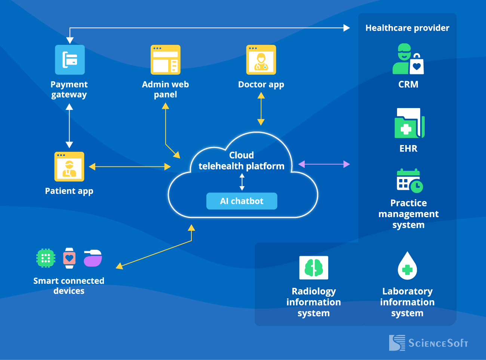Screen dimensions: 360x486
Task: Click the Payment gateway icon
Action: tap(70, 60)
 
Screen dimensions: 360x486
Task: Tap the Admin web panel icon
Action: tap(165, 60)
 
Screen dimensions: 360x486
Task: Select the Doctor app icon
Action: tap(261, 60)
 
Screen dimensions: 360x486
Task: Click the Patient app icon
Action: tap(69, 167)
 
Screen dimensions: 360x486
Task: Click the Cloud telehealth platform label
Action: tap(241, 161)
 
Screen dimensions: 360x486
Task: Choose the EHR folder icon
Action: tap(409, 123)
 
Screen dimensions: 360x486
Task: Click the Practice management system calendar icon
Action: tap(409, 181)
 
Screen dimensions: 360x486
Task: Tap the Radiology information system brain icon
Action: tap(314, 268)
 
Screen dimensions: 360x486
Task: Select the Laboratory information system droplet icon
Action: tap(407, 266)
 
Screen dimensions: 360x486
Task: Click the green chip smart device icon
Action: tap(46, 258)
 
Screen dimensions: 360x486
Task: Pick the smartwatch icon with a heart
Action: tap(69, 258)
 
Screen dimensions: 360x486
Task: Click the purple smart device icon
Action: tap(93, 258)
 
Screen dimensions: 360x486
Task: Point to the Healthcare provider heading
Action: tap(407, 28)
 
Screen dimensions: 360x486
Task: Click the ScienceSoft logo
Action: tap(428, 343)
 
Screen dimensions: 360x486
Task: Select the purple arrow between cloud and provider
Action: tap(324, 164)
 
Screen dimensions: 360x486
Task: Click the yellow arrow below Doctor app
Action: tap(261, 109)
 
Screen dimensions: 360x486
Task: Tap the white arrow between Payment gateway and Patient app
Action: tap(69, 126)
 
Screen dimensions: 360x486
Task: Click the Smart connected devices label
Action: tap(69, 286)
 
